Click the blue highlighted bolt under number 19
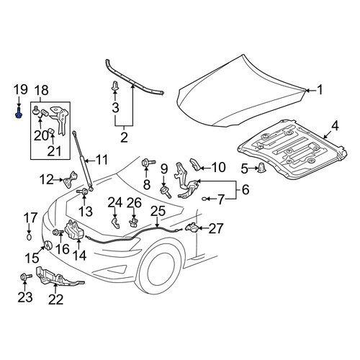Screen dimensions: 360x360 click(x=18, y=114)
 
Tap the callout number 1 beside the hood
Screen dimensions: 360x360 click(x=320, y=90)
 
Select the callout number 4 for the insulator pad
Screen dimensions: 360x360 click(x=335, y=126)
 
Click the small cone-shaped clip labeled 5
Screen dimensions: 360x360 click(x=261, y=167)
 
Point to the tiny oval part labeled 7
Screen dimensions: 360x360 click(x=204, y=199)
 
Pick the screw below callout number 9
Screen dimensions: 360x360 click(x=166, y=192)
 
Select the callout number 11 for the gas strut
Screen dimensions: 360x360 click(x=101, y=160)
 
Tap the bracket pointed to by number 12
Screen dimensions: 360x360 click(x=71, y=179)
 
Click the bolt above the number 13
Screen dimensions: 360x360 click(x=82, y=192)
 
